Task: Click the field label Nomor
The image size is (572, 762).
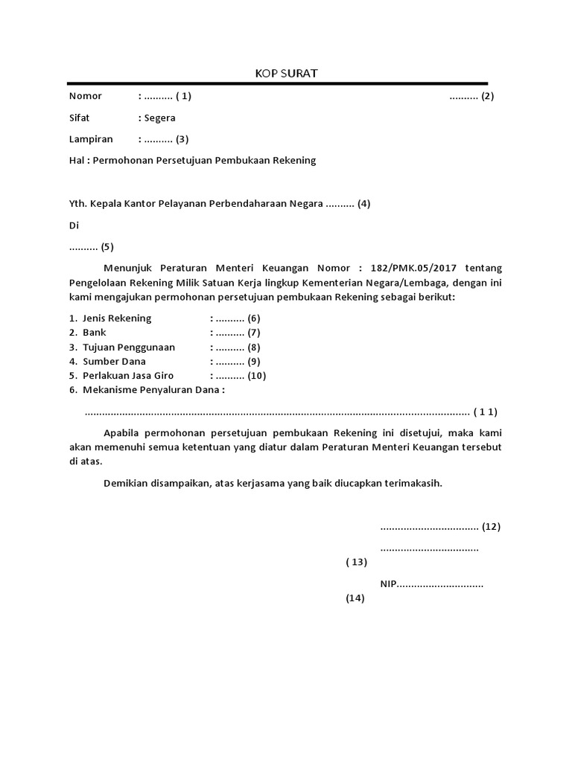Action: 85,96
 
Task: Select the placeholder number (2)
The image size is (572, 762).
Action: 487,96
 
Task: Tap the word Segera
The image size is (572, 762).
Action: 160,118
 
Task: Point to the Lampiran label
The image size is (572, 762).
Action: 91,139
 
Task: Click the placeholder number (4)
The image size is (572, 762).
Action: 363,203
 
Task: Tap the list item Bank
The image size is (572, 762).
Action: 95,333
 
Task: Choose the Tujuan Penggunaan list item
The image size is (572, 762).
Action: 129,347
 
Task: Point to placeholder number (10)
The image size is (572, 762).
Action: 256,376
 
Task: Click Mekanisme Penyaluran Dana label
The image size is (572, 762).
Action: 153,390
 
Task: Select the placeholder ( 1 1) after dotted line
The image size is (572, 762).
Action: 486,412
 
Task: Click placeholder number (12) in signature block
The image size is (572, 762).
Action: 491,527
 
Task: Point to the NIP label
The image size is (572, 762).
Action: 388,584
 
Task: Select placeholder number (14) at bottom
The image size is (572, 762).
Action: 355,598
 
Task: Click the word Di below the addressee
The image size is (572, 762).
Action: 74,225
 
